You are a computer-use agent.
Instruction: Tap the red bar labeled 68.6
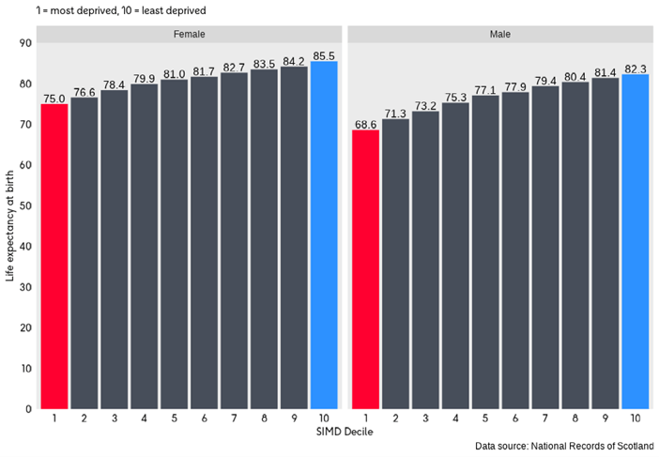click(365, 268)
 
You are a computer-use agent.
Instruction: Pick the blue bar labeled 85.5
click(324, 235)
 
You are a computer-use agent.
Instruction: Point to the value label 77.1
click(485, 89)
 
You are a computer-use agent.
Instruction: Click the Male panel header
click(500, 34)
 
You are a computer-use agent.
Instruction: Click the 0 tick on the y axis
click(27, 409)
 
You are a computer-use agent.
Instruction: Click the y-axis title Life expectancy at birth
click(10, 225)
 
